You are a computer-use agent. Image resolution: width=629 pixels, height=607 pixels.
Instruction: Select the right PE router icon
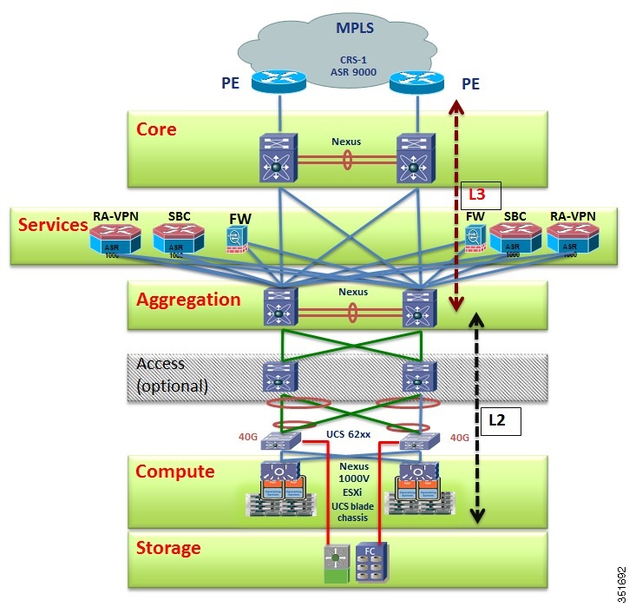pyautogui.click(x=416, y=83)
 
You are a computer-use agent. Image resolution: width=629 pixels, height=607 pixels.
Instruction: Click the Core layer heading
pyautogui.click(x=156, y=129)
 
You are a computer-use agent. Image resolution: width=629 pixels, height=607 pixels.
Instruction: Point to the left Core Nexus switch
pyautogui.click(x=278, y=158)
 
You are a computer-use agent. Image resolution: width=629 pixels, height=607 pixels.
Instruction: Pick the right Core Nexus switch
pyautogui.click(x=416, y=158)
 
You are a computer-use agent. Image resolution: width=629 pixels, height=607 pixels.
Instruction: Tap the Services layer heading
pyautogui.click(x=53, y=224)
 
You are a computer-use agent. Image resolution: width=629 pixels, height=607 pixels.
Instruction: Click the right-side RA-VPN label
pyautogui.click(x=573, y=214)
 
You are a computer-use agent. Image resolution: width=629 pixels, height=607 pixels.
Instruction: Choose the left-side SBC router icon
pyautogui.click(x=177, y=238)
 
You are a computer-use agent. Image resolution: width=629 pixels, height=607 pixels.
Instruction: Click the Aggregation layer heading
pyautogui.click(x=188, y=300)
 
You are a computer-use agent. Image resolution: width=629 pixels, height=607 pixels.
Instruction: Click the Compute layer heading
pyautogui.click(x=174, y=471)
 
